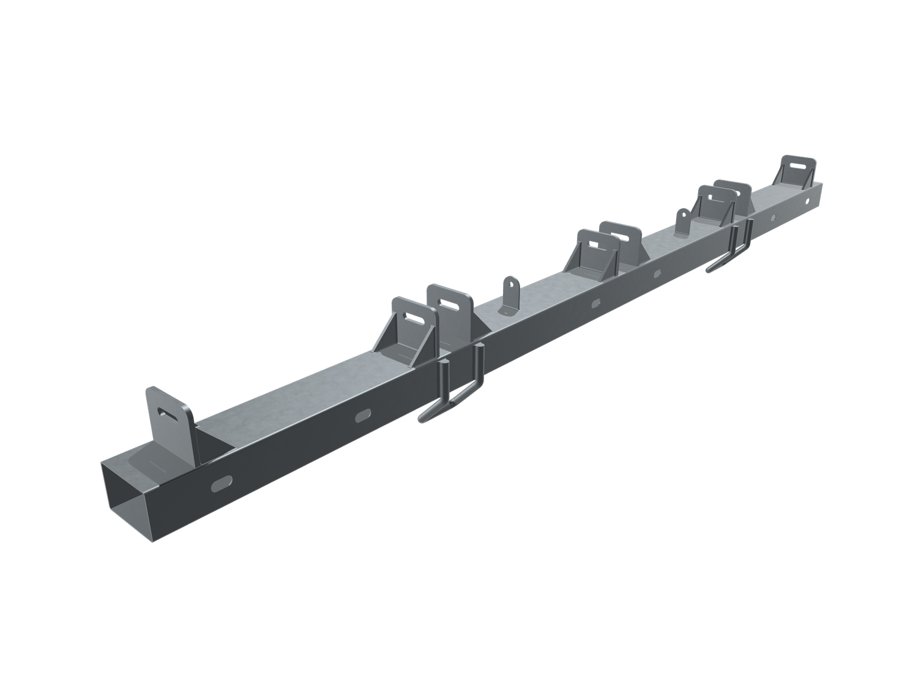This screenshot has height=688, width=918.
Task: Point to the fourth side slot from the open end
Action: click(x=657, y=274)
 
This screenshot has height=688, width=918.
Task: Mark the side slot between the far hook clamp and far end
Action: click(x=774, y=217)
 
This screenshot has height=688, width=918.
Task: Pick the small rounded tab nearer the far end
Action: click(x=682, y=221)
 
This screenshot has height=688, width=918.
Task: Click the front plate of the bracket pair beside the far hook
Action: click(x=715, y=204)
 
